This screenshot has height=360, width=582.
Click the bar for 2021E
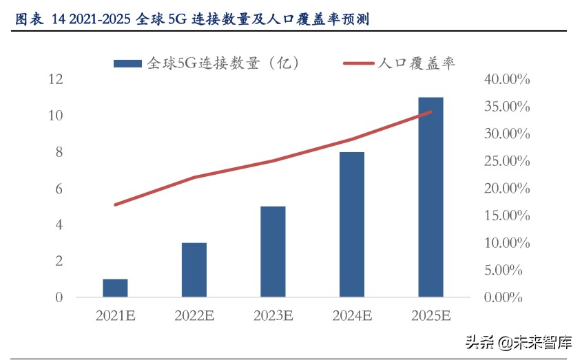tap(116, 288)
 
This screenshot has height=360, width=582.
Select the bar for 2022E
tap(194, 270)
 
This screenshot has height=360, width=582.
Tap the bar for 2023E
tap(273, 252)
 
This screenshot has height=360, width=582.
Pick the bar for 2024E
tap(352, 224)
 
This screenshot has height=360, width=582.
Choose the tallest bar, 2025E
tap(430, 198)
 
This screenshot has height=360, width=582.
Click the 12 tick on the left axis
tap(55, 80)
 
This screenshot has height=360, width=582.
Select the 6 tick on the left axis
tap(59, 189)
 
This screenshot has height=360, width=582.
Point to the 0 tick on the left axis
tap(59, 297)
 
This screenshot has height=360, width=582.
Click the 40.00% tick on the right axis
tap(507, 80)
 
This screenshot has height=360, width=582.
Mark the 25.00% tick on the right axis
tap(507, 161)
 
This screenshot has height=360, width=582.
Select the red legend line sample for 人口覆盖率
tap(358, 63)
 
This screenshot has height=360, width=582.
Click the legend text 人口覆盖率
tap(416, 63)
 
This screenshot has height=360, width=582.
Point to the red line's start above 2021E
tap(116, 204)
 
